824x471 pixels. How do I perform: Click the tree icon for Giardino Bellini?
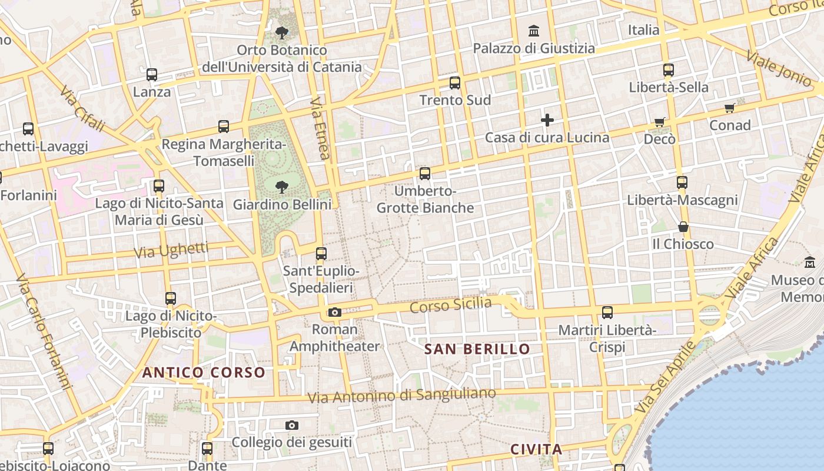click(x=282, y=187)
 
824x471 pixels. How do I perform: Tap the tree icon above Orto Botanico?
click(x=282, y=32)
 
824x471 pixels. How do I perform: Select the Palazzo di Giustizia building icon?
click(x=534, y=30)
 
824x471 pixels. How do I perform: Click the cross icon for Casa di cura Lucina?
click(x=547, y=121)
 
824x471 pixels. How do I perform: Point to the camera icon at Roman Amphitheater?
click(x=335, y=312)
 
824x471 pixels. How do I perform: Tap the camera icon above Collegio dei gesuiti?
click(x=291, y=425)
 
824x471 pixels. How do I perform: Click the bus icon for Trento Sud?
click(x=454, y=83)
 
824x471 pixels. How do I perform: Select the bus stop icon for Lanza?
click(x=152, y=75)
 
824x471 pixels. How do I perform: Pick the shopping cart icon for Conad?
click(x=730, y=108)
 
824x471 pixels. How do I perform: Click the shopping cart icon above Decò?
click(x=660, y=122)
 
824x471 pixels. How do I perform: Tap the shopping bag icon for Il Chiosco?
click(x=683, y=227)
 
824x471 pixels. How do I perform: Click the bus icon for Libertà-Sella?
click(x=668, y=70)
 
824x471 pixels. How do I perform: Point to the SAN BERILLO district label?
click(x=477, y=349)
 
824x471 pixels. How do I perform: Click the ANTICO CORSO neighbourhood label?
click(x=204, y=373)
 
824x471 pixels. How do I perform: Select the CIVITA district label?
click(x=536, y=450)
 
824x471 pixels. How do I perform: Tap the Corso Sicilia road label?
click(x=450, y=305)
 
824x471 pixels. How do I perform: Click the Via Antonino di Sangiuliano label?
click(x=401, y=396)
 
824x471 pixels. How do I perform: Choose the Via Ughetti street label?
click(x=171, y=250)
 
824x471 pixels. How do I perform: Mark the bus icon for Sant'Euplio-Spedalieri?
click(x=321, y=254)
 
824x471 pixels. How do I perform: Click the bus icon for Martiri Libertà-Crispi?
click(x=607, y=313)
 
